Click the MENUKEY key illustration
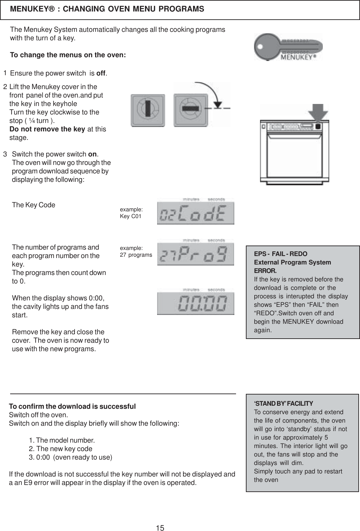[x=288, y=47]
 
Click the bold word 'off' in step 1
[x=101, y=73]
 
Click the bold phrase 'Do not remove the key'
[x=47, y=129]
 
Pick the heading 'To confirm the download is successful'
[x=72, y=406]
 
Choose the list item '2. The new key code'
[x=61, y=449]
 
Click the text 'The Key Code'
[x=34, y=205]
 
